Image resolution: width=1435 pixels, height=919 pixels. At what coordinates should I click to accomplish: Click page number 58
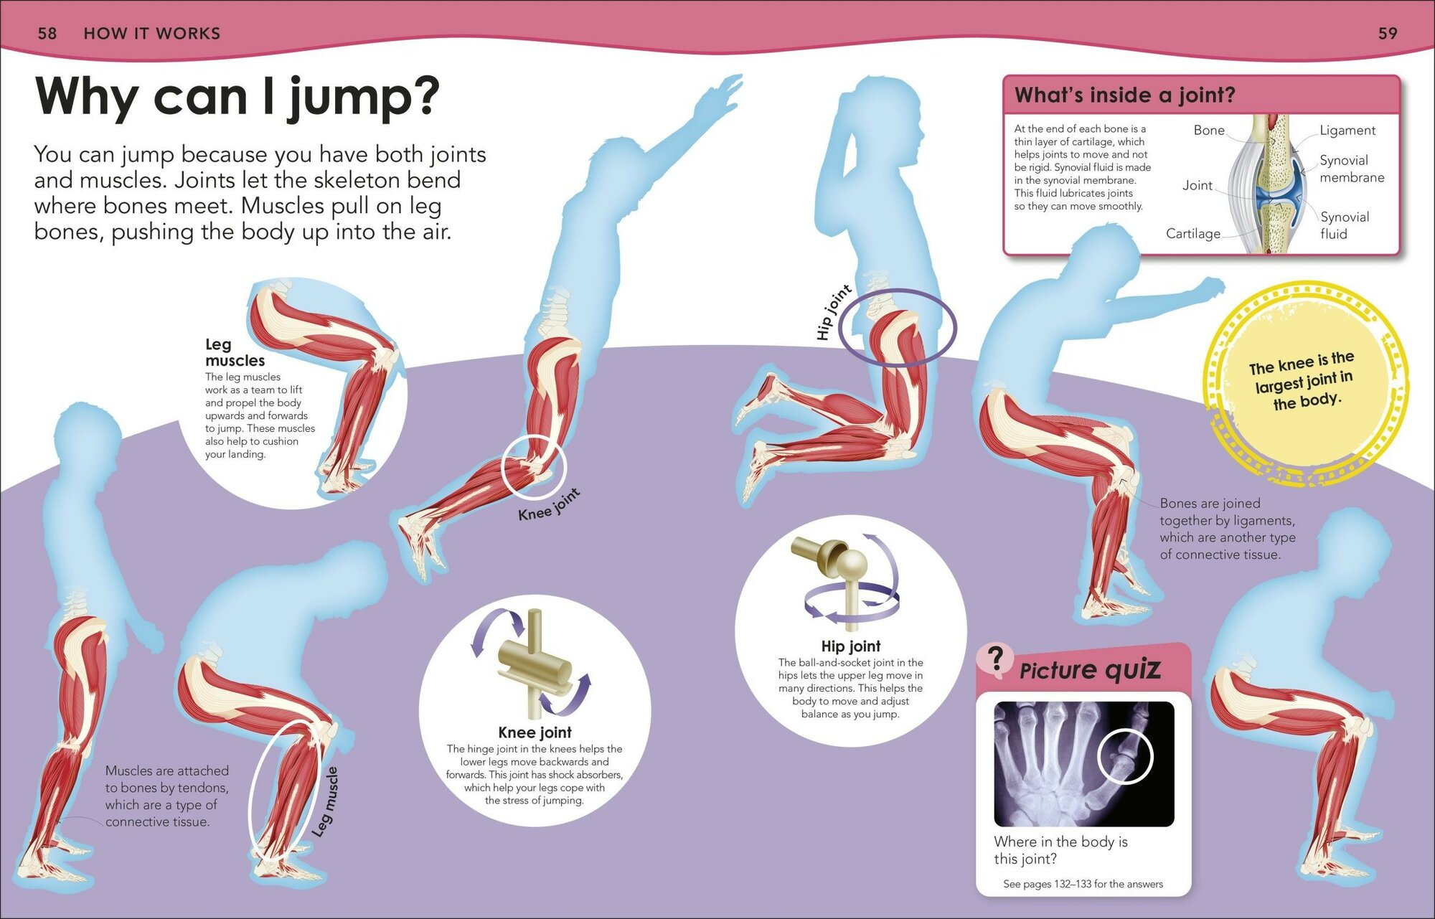pyautogui.click(x=47, y=34)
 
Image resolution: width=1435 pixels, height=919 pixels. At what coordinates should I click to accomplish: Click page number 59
pyautogui.click(x=1388, y=34)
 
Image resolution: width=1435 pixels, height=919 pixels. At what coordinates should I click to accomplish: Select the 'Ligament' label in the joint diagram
pyautogui.click(x=1347, y=131)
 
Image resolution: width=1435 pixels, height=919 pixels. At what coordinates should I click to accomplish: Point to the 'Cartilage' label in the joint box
pyautogui.click(x=1192, y=234)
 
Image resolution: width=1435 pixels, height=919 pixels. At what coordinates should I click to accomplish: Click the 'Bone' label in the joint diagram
pyautogui.click(x=1209, y=131)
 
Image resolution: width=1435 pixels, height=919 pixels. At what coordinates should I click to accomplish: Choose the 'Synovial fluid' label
pyautogui.click(x=1344, y=225)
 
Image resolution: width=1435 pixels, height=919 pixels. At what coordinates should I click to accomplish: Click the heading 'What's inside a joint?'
pyautogui.click(x=1124, y=95)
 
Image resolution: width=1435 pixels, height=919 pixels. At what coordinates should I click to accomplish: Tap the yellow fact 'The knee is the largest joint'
pyautogui.click(x=1302, y=380)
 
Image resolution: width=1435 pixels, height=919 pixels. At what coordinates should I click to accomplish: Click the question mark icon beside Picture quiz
pyautogui.click(x=995, y=659)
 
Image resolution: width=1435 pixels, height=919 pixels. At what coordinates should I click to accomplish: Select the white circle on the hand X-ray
pyautogui.click(x=1125, y=756)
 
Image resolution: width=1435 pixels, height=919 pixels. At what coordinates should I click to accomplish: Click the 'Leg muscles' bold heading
pyautogui.click(x=235, y=352)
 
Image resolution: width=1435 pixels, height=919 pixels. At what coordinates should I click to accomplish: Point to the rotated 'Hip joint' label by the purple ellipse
pyautogui.click(x=833, y=312)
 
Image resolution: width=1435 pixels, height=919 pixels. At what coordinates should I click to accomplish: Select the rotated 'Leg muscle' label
pyautogui.click(x=326, y=801)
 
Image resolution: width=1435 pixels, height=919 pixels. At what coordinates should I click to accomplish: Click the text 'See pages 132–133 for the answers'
pyautogui.click(x=1083, y=885)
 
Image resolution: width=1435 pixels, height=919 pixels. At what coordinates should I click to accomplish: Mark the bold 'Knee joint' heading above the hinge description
pyautogui.click(x=535, y=732)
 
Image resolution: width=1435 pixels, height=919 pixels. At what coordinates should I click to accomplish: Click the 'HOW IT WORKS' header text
pyautogui.click(x=152, y=34)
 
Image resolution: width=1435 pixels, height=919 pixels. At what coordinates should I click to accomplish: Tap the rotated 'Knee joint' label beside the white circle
pyautogui.click(x=549, y=505)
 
